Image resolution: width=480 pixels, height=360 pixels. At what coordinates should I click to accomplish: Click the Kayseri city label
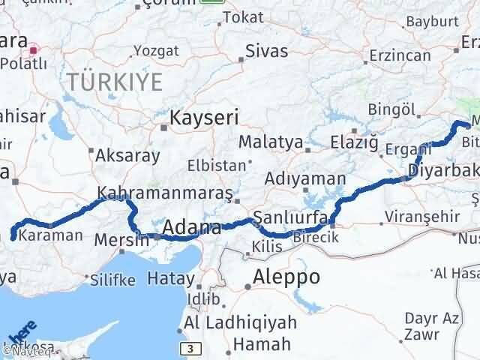pos(204,118)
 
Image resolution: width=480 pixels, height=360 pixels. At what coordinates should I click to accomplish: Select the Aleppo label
pos(287,276)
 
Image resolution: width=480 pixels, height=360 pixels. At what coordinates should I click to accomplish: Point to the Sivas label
pos(267,53)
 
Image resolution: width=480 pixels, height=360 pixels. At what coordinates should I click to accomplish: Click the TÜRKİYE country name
pos(114,82)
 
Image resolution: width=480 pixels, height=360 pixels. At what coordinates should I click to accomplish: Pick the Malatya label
pos(271,142)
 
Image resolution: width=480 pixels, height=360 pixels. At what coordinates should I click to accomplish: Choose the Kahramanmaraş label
pos(166,193)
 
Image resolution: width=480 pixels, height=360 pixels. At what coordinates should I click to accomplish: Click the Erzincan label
pos(397,55)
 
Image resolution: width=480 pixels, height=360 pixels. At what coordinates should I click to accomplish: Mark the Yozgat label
pos(155,51)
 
